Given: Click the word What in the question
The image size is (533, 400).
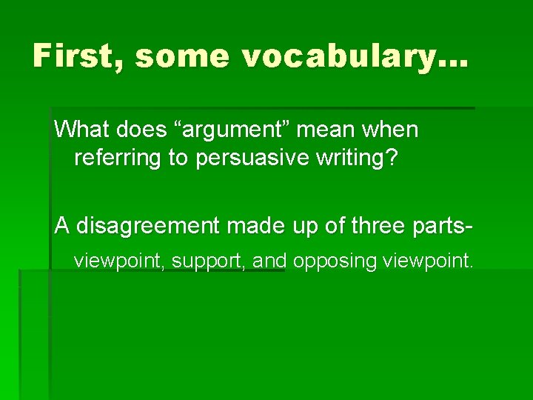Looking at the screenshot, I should pos(82,130).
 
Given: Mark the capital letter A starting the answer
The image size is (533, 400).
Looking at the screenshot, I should pos(61,227).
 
